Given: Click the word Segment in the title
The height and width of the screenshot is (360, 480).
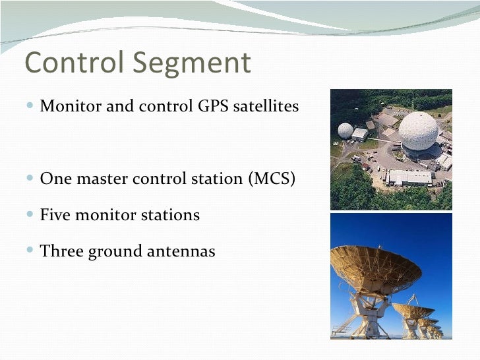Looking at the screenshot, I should (x=193, y=63).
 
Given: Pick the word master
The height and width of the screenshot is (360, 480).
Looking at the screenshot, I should (x=94, y=179).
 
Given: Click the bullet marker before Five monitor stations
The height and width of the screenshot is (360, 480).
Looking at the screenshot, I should (x=33, y=216).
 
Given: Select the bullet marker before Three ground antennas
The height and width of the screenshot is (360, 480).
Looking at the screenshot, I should (x=33, y=252).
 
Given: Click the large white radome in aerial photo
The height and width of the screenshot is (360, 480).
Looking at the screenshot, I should (x=419, y=130).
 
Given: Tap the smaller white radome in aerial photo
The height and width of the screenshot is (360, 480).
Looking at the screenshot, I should (x=345, y=130).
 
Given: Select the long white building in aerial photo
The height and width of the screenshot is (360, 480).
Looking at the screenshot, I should (x=409, y=177).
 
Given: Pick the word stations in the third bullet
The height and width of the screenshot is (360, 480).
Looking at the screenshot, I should (x=172, y=215).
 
